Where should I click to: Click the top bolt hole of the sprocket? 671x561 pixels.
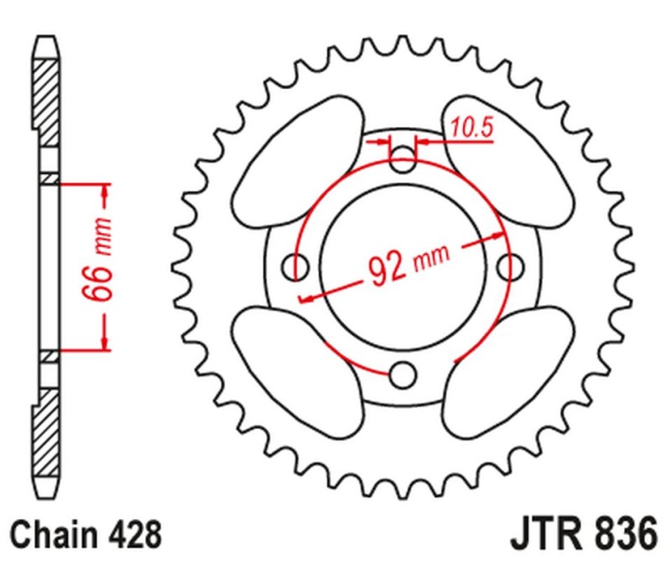(404, 160)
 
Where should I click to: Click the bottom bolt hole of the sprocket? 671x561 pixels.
(404, 372)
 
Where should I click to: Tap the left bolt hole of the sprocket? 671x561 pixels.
(296, 267)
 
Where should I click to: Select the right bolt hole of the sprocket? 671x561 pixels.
(509, 267)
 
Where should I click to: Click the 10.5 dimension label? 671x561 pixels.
(471, 128)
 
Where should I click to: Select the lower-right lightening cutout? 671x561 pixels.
(512, 370)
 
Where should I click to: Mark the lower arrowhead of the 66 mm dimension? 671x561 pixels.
(105, 343)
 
